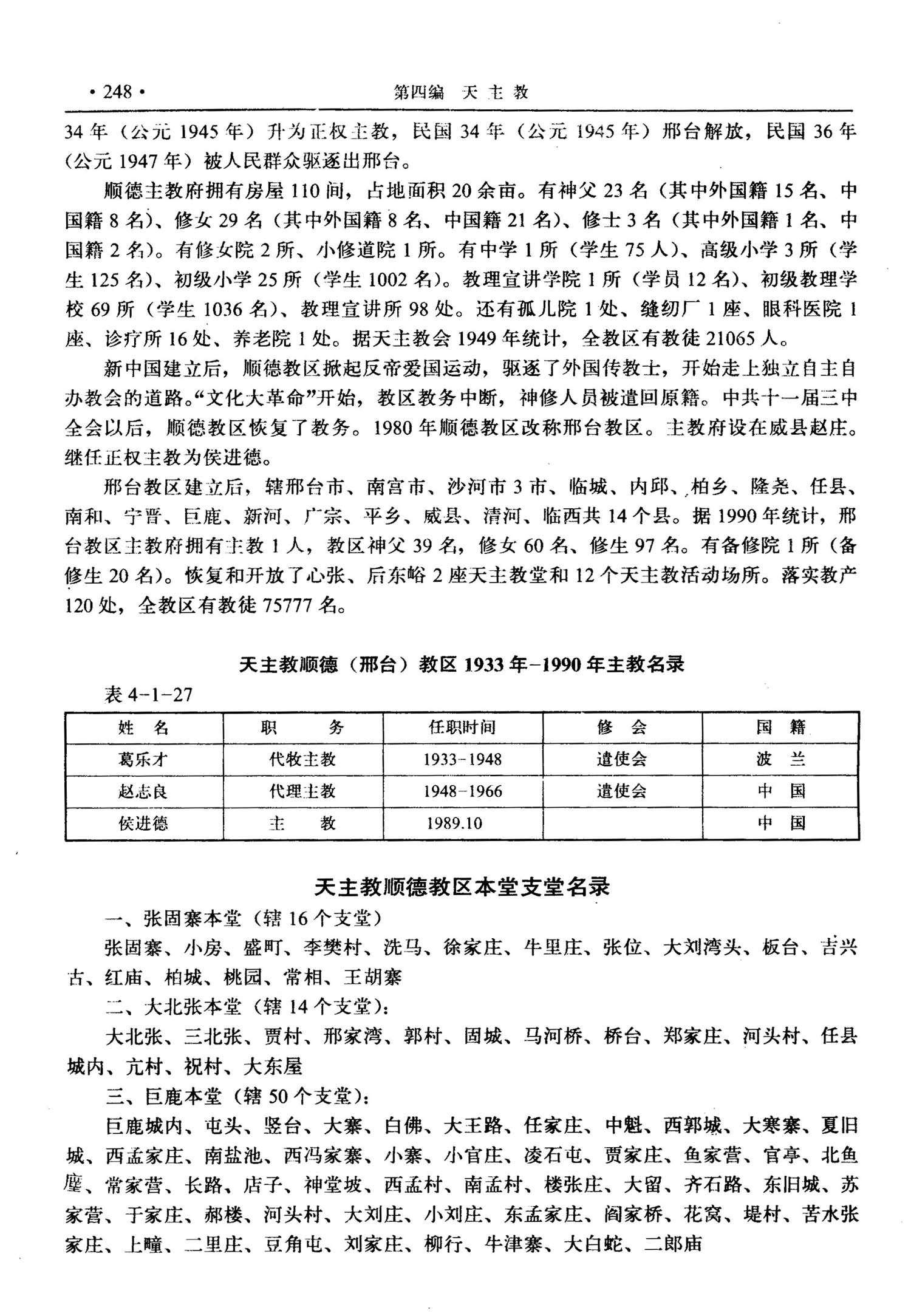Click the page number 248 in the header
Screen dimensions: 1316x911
(x=117, y=92)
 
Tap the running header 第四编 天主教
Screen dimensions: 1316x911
(x=461, y=92)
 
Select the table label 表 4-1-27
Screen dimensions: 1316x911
(x=148, y=695)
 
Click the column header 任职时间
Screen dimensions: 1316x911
(x=462, y=728)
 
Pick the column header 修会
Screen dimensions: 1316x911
(x=621, y=728)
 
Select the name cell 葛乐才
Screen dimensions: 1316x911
(x=143, y=760)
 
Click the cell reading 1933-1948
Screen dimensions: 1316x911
(x=462, y=760)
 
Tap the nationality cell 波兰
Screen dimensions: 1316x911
(x=780, y=760)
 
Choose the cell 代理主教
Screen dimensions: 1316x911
(x=302, y=792)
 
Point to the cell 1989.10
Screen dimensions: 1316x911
(x=454, y=824)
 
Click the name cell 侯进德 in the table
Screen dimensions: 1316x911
(x=143, y=824)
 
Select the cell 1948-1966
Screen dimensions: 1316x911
(x=462, y=792)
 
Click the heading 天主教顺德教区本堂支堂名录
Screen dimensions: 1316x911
(x=462, y=888)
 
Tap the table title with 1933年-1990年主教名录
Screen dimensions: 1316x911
(x=462, y=664)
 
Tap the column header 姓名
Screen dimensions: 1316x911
(x=143, y=728)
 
